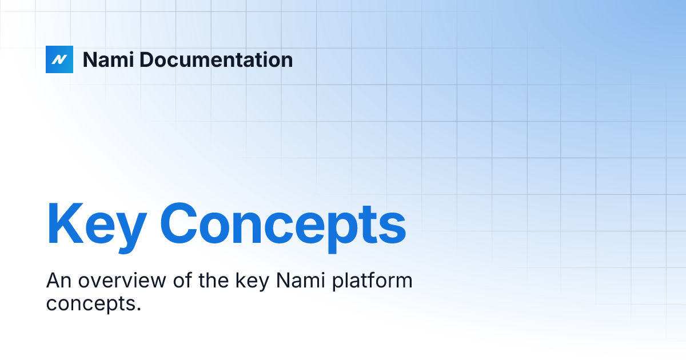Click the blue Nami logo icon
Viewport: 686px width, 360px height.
(59, 59)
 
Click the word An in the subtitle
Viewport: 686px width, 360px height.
(58, 281)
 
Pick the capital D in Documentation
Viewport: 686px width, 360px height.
(147, 60)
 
